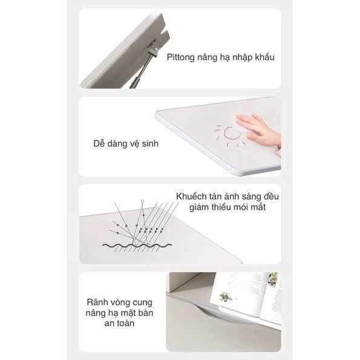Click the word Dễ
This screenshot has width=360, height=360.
[99, 143]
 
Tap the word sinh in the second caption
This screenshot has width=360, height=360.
[150, 144]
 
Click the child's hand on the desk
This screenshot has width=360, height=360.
[259, 131]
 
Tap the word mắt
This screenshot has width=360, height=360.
[258, 208]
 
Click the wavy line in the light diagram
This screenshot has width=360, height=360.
[137, 246]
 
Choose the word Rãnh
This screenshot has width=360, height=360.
[96, 302]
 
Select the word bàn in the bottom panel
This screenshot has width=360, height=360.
[145, 313]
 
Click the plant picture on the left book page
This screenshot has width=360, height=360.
[226, 296]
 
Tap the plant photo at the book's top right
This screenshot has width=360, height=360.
[272, 278]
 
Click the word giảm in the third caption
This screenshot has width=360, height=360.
[199, 208]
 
